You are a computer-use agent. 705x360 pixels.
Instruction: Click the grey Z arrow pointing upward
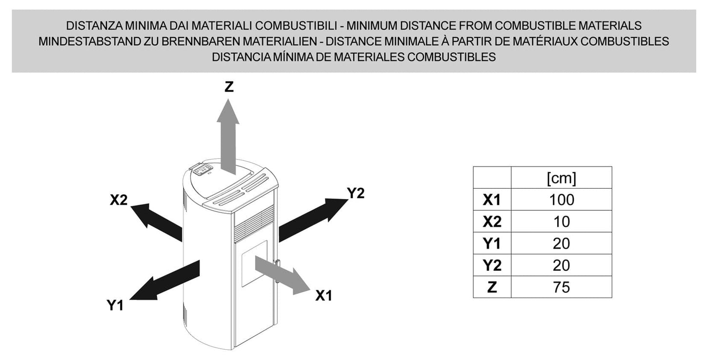[228, 137]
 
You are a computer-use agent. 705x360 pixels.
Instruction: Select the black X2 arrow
[157, 222]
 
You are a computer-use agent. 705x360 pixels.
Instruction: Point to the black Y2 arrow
[314, 220]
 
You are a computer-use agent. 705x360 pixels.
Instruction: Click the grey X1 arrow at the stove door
[282, 275]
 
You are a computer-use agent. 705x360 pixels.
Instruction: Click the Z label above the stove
[229, 86]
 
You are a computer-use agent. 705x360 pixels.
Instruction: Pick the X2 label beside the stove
[119, 200]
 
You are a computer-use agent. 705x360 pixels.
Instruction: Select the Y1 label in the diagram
[115, 305]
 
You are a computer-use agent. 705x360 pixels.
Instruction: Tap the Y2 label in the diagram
[356, 193]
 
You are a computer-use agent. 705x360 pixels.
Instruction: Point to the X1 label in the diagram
[324, 296]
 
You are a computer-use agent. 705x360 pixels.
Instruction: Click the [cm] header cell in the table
[562, 178]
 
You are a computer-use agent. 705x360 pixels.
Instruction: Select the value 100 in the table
[562, 200]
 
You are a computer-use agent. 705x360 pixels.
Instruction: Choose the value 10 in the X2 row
[562, 222]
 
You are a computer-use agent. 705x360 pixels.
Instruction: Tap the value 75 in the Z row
[562, 287]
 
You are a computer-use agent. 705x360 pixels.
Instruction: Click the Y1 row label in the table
[492, 243]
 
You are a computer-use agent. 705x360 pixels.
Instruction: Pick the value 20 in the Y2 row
[562, 265]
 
